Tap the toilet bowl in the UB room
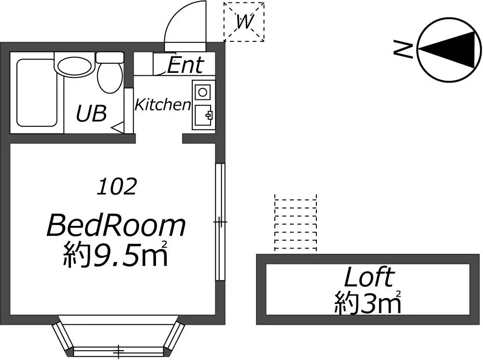tap(109, 78)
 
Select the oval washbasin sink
tap(75, 67)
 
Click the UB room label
tap(91, 113)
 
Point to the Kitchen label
tap(163, 105)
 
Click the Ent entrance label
tap(186, 65)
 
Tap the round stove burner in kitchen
tap(202, 92)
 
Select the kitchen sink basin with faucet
tap(203, 115)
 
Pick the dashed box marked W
tap(244, 22)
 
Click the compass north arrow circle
tap(449, 50)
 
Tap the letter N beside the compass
tap(403, 50)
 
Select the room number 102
tap(117, 186)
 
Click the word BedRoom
tap(116, 226)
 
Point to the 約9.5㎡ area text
tap(115, 255)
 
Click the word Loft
tap(369, 277)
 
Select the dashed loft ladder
tap(296, 223)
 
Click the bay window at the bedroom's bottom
tap(118, 336)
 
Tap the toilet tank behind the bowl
tap(110, 57)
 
